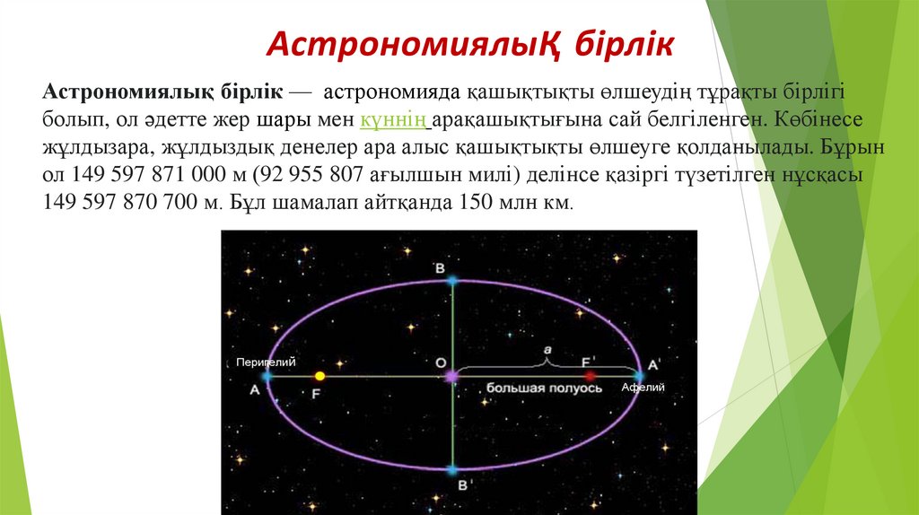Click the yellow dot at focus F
319,377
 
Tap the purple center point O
451,377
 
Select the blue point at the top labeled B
452,281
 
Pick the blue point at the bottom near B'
452,469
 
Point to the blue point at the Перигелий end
267,377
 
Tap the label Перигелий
267,362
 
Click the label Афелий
643,388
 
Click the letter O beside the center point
440,362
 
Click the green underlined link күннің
393,119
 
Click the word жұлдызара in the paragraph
91,147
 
